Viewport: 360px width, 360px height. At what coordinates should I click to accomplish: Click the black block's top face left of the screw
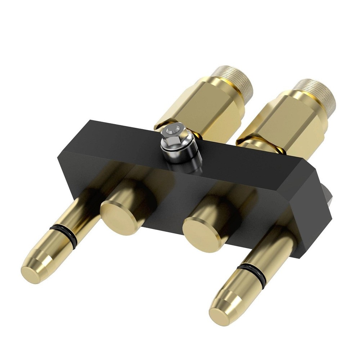coord(122,139)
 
